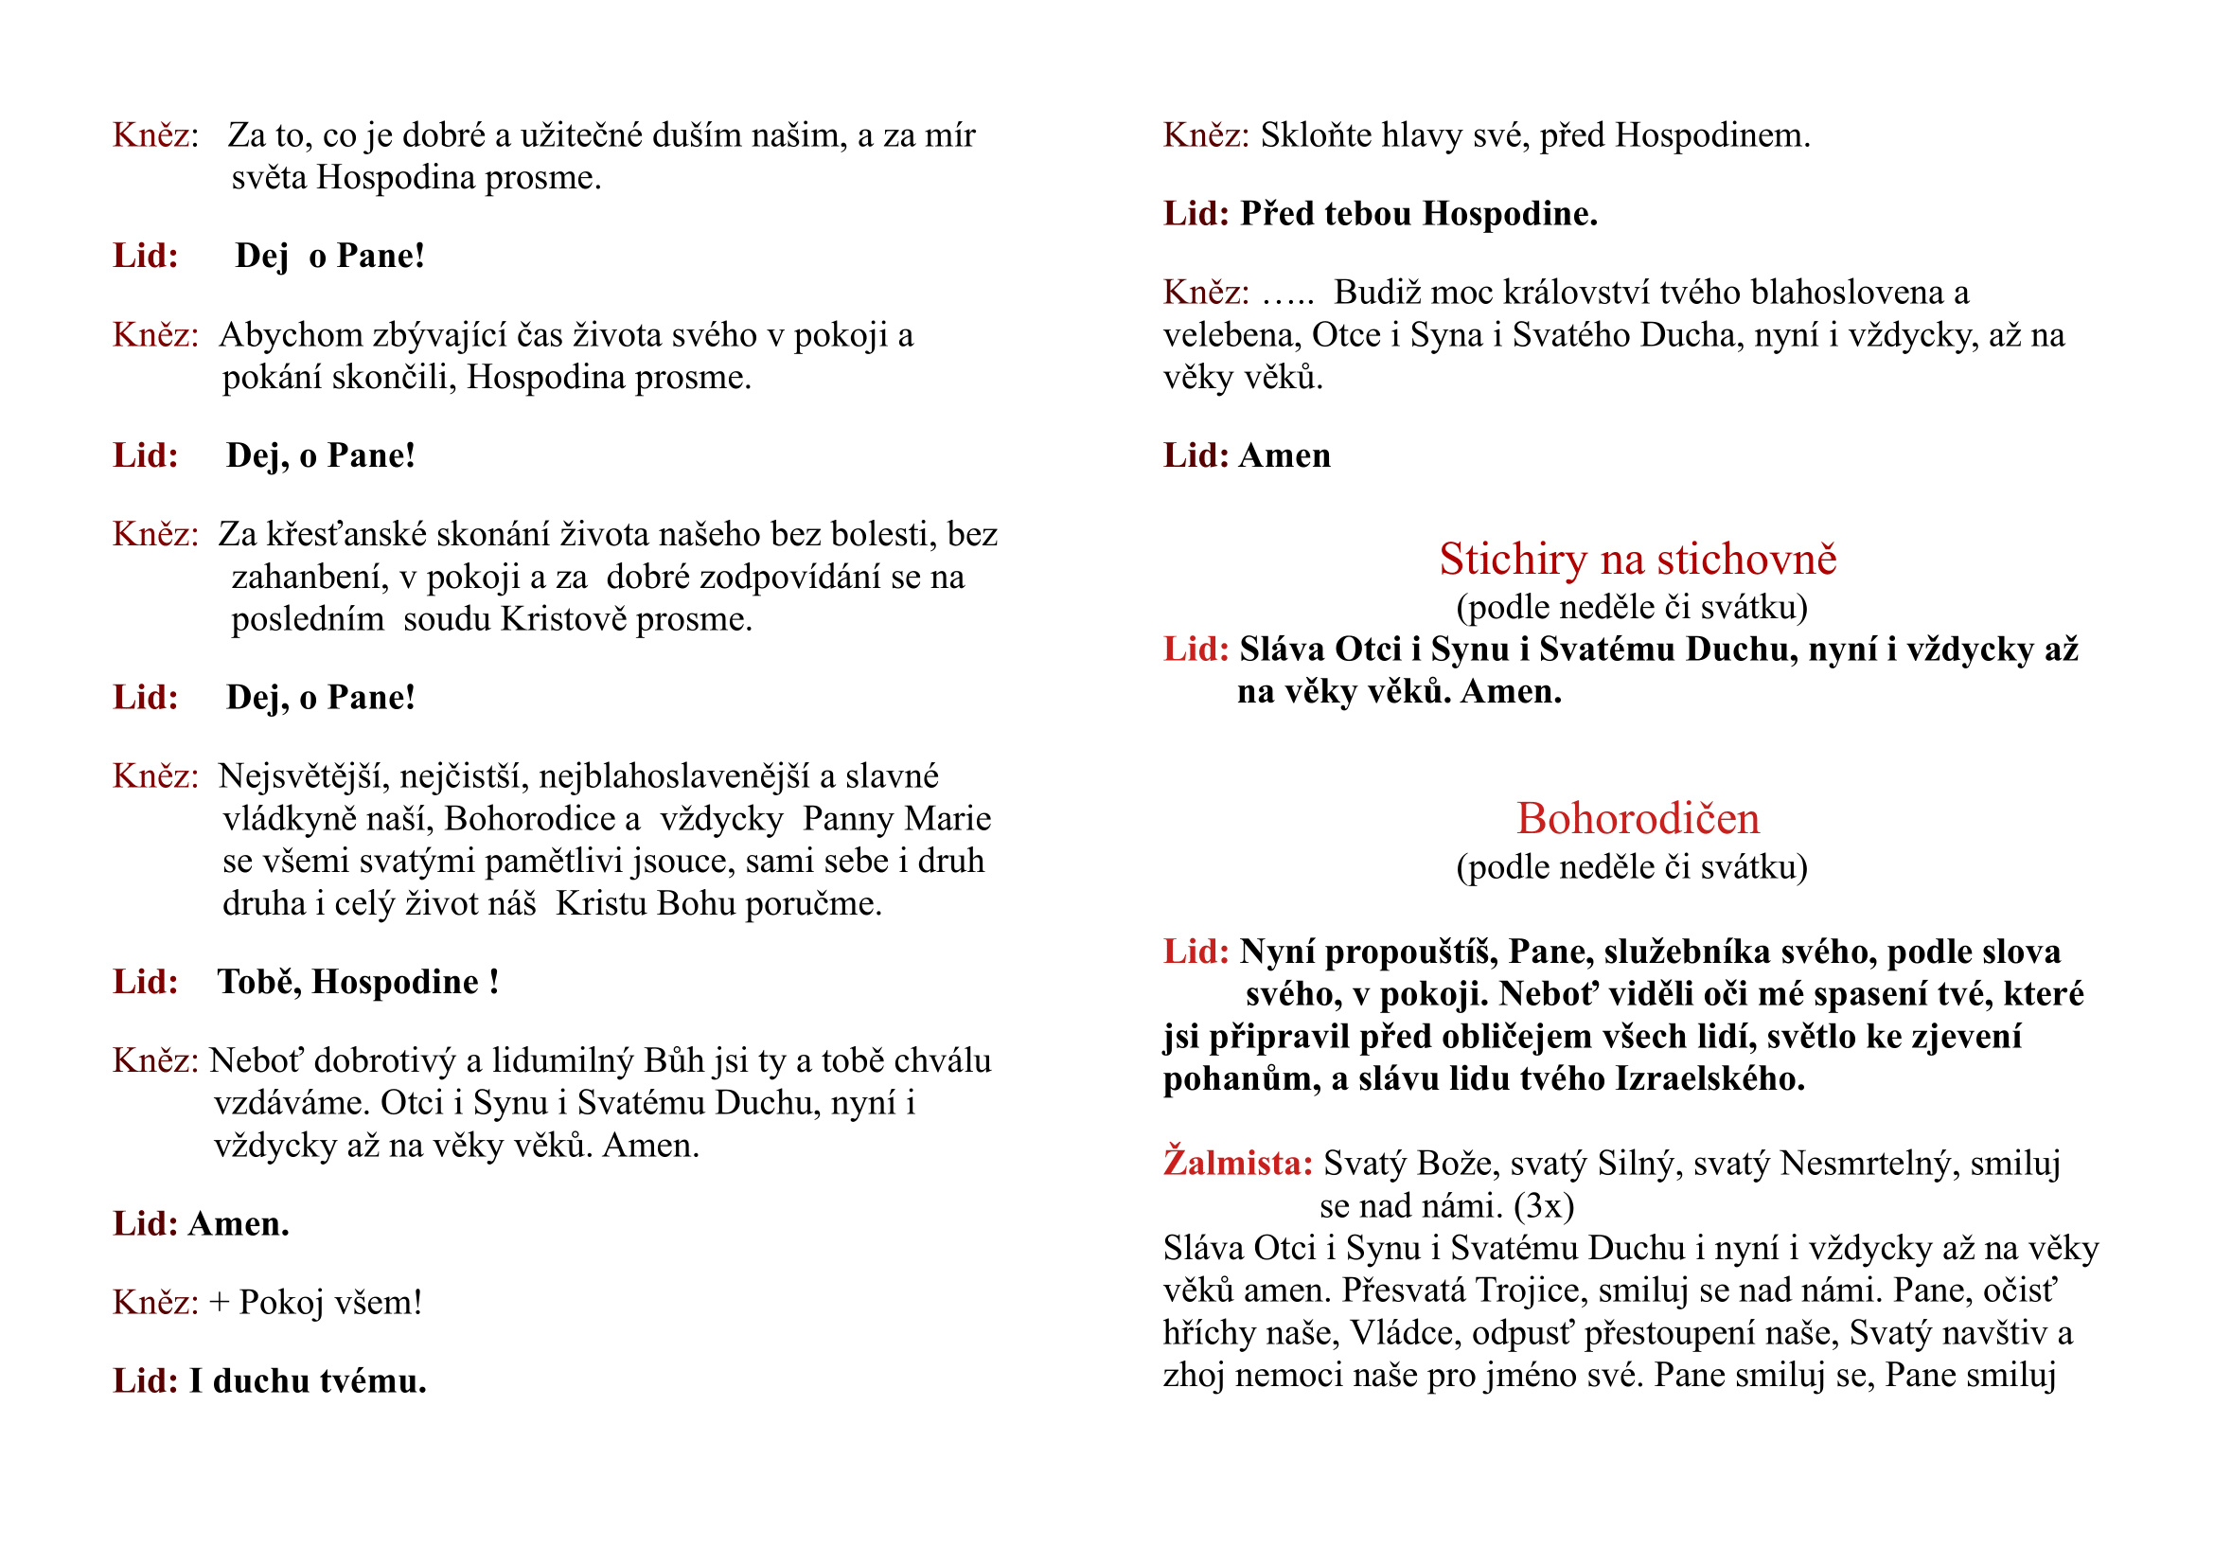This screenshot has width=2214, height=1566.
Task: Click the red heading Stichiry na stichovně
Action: click(x=1638, y=560)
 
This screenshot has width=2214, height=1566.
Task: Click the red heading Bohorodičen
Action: click(x=1638, y=819)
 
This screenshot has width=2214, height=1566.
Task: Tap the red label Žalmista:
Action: click(x=1237, y=1163)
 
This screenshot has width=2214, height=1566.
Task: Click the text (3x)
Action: click(x=1543, y=1205)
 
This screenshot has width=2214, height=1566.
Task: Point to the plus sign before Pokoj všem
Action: click(x=219, y=1303)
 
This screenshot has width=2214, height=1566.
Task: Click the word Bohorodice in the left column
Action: click(x=529, y=819)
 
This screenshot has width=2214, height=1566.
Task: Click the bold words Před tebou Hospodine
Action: click(x=1418, y=214)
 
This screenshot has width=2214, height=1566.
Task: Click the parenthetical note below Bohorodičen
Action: click(x=1632, y=867)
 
